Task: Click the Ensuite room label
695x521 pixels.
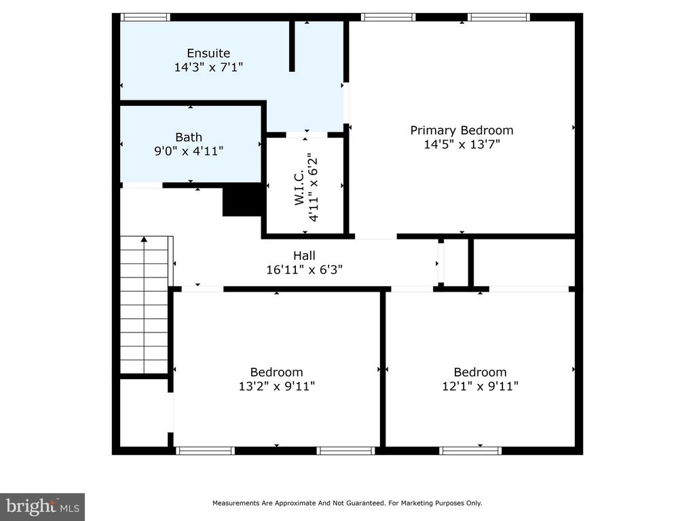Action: [208, 53]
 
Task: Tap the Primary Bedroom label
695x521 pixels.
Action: [462, 130]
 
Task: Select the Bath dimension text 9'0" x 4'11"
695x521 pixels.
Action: [189, 151]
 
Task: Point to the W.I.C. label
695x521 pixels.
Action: [299, 187]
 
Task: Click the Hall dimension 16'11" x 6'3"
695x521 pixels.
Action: [304, 269]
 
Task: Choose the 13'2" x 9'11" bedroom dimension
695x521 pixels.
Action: [277, 386]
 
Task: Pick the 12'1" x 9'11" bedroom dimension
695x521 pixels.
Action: [480, 386]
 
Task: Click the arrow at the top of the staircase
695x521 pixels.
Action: [144, 239]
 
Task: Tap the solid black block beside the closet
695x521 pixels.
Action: [242, 200]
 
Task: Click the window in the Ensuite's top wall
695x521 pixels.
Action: [145, 17]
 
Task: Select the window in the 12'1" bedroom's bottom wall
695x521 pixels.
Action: [470, 450]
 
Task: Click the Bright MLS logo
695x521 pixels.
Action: [42, 507]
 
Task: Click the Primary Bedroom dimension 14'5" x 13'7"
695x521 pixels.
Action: [462, 144]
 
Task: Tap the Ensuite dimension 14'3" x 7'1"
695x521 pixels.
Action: [208, 67]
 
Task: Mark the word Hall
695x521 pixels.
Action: [304, 256]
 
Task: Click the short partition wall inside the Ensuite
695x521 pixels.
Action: [292, 46]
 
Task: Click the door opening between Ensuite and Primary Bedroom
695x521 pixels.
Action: [346, 103]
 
